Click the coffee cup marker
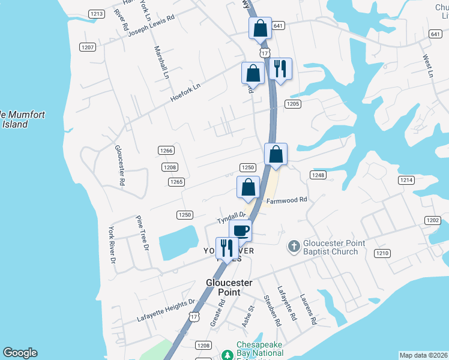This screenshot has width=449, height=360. pyautogui.click(x=240, y=230)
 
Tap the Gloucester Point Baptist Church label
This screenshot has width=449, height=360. pyautogui.click(x=331, y=247)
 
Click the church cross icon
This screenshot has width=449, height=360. pyautogui.click(x=294, y=245)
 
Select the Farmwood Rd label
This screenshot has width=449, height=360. pyautogui.click(x=287, y=200)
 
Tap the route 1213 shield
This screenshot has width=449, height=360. pyautogui.click(x=95, y=13)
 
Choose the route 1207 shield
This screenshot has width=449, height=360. pyautogui.click(x=87, y=47)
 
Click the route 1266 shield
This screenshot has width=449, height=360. pyautogui.click(x=166, y=151)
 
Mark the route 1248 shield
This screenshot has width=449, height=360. pyautogui.click(x=318, y=175)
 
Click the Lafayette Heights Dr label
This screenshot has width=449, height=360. pyautogui.click(x=167, y=310)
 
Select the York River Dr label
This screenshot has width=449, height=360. pyautogui.click(x=111, y=245)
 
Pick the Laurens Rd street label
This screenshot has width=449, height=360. pyautogui.click(x=308, y=309)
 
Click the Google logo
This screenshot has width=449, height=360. pyautogui.click(x=20, y=353)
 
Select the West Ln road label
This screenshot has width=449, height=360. pyautogui.click(x=427, y=66)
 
